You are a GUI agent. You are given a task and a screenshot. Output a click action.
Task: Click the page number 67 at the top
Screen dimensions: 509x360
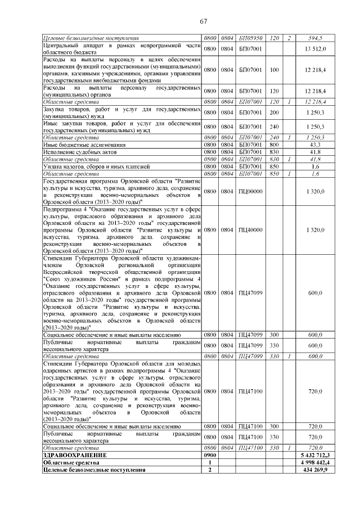tap(204, 21)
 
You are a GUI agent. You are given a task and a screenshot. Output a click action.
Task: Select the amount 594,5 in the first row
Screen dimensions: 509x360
tap(314, 38)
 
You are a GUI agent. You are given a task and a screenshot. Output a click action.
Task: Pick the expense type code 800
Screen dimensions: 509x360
tap(274, 145)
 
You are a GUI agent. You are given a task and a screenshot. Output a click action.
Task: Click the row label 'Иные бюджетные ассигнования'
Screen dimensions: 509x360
tap(79, 145)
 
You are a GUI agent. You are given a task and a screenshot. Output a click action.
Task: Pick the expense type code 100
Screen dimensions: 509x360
tap(274, 70)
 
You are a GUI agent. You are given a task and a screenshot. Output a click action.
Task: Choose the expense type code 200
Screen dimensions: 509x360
tap(274, 112)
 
